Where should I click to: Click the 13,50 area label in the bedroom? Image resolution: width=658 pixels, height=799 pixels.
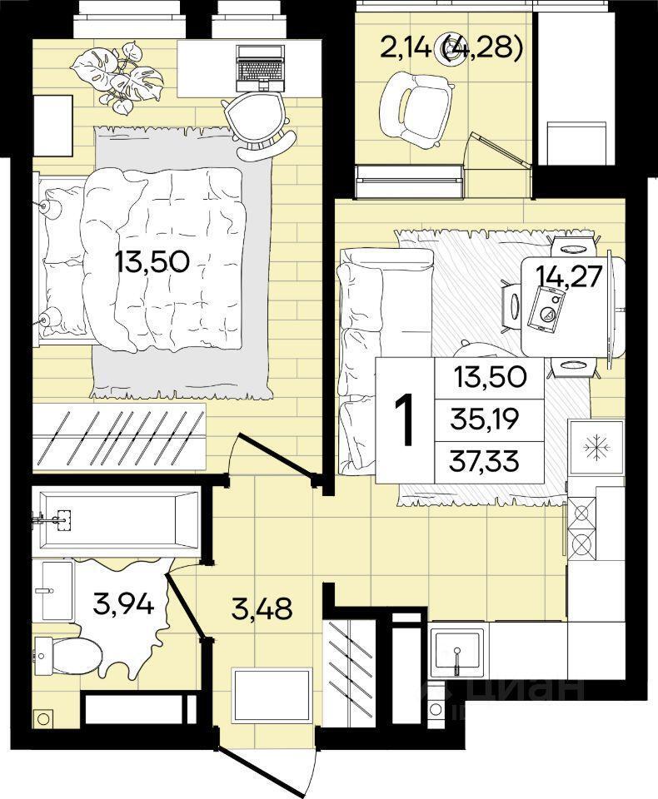[152, 262]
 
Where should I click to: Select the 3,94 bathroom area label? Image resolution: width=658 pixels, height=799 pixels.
[123, 604]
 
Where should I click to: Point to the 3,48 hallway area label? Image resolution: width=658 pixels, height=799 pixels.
[262, 608]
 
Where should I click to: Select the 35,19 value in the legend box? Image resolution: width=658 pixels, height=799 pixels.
[485, 419]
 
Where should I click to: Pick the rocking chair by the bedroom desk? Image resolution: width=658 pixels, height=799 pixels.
[258, 126]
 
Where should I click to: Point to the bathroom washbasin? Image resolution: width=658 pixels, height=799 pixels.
[57, 591]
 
